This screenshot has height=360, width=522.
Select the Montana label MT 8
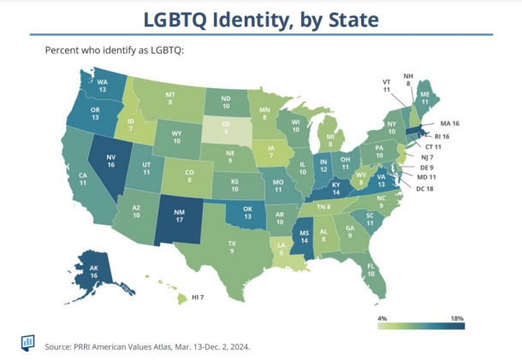[x=170, y=98]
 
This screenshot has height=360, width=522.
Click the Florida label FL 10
[x=372, y=273]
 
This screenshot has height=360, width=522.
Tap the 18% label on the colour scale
[x=455, y=318]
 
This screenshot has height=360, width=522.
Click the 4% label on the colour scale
[x=383, y=318]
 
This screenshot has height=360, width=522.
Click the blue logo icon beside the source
[x=28, y=341]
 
